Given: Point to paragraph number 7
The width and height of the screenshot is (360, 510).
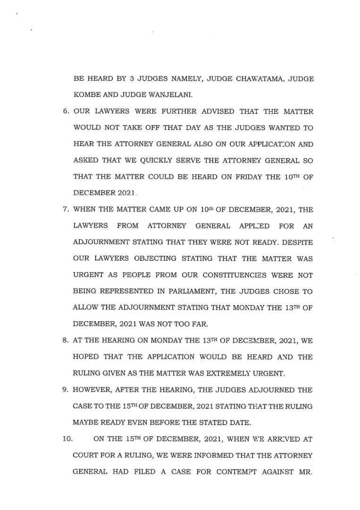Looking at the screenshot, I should click(x=66, y=210).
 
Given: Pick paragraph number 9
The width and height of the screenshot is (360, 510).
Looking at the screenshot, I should click(x=66, y=389).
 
